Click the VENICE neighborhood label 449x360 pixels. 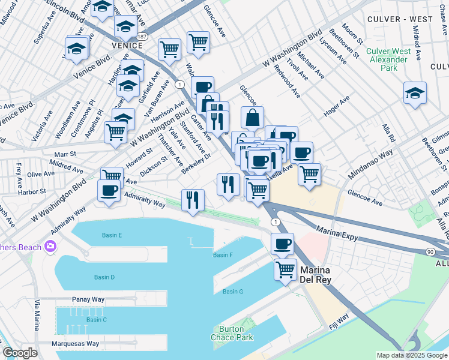(126, 45)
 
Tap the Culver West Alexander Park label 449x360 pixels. (389, 59)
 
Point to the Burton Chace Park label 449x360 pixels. (228, 333)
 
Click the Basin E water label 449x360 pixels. (112, 235)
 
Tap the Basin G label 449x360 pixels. (232, 292)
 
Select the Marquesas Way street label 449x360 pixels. (76, 344)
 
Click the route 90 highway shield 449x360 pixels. (430, 253)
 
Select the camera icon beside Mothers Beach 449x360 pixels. (50, 247)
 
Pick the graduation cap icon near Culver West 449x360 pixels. (415, 93)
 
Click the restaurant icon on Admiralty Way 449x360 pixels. (193, 200)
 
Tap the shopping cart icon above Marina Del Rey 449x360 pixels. (285, 268)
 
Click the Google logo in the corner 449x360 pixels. (20, 353)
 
